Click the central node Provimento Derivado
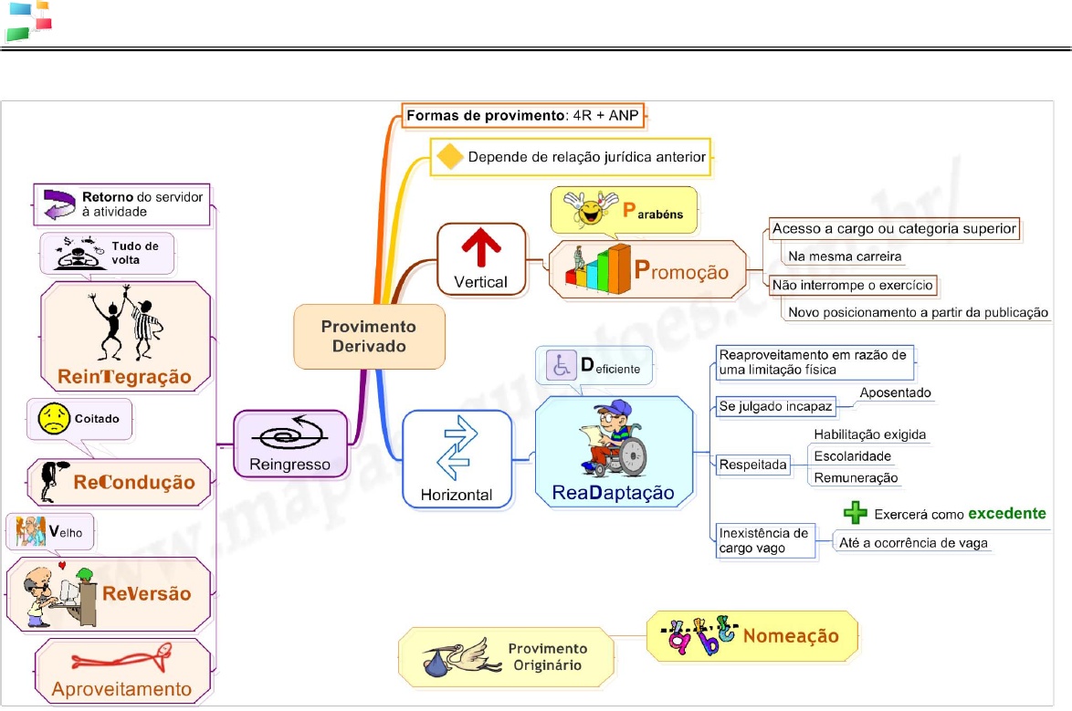(369, 336)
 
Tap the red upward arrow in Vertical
(481, 249)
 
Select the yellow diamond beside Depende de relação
(449, 156)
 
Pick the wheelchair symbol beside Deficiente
(559, 366)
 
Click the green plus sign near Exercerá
(855, 513)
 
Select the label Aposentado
(894, 392)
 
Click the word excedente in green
(1006, 513)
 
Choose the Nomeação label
(791, 635)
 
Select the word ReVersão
(147, 594)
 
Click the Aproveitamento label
(121, 688)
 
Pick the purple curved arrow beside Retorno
(58, 204)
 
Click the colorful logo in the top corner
(27, 21)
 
